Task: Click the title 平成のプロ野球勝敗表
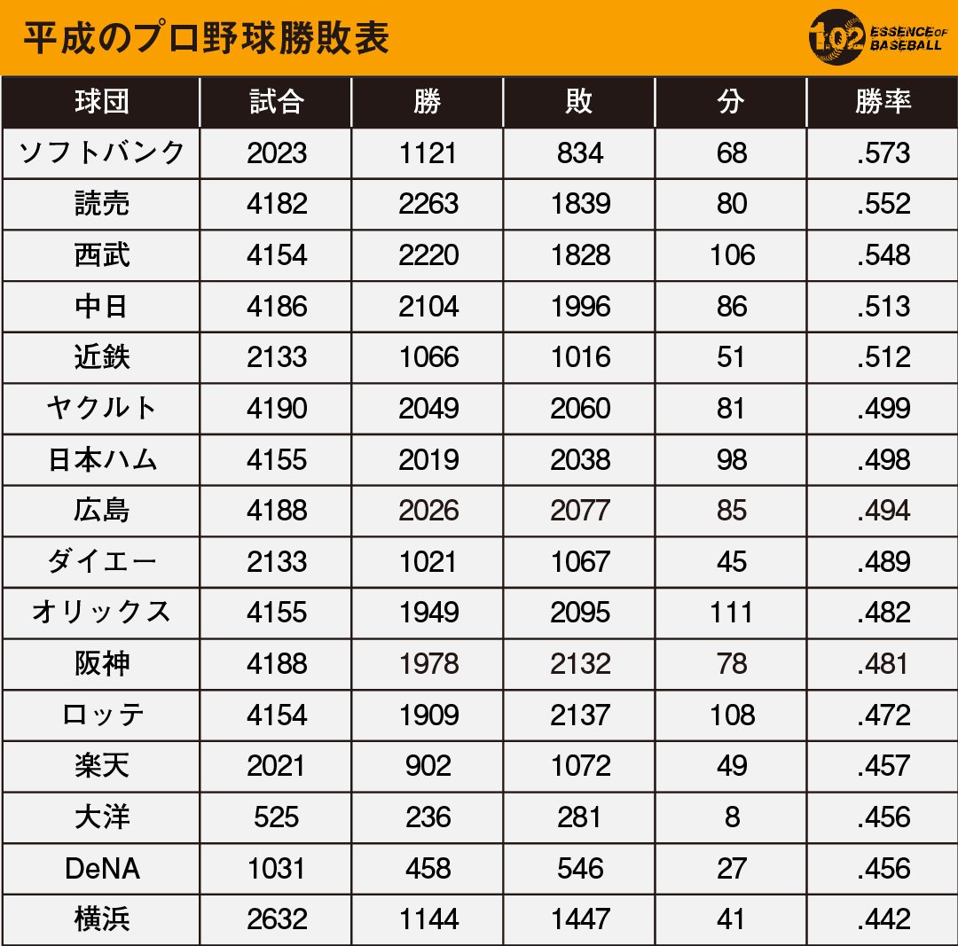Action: point(207,38)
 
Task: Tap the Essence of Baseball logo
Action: point(877,36)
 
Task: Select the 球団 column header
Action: point(102,101)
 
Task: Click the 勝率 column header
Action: point(883,101)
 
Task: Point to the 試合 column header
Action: point(276,101)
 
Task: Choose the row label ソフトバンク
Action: point(101,152)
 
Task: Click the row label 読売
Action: point(102,203)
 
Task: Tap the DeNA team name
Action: point(102,868)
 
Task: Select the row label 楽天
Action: point(102,766)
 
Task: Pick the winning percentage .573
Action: point(883,152)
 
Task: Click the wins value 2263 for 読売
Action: point(428,204)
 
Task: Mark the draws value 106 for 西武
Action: point(732,255)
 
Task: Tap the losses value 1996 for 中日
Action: point(580,307)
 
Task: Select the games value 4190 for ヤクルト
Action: point(277,409)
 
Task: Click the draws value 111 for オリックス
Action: point(731,613)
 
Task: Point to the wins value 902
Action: point(428,766)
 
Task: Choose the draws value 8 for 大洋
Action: point(732,817)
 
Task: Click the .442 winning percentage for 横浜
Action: point(883,919)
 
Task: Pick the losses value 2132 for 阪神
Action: point(580,664)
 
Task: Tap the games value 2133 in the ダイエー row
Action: point(277,562)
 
